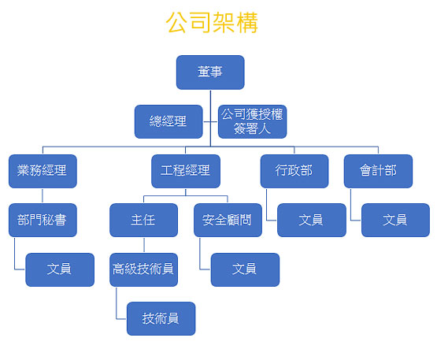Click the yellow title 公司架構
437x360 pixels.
tap(212, 23)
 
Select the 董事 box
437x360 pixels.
tap(210, 72)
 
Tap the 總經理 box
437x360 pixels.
tap(169, 121)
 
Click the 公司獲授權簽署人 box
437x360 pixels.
tap(252, 121)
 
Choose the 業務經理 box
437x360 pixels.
tap(43, 171)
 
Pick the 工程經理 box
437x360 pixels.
tap(186, 171)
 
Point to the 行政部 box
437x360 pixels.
tap(294, 171)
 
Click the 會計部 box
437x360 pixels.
tap(378, 171)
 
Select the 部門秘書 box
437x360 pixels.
tap(43, 220)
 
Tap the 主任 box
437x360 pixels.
tap(143, 220)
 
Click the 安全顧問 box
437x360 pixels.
tap(228, 220)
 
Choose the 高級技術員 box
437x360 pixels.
tap(143, 269)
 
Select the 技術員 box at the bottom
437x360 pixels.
tap(161, 318)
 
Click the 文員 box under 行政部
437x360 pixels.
tap(312, 220)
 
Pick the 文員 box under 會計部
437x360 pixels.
tap(395, 220)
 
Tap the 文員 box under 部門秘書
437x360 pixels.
tap(60, 269)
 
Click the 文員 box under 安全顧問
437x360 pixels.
tap(245, 269)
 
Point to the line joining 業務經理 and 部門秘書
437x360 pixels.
tap(43, 196)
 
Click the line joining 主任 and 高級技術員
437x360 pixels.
tap(144, 245)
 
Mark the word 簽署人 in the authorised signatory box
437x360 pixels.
tap(252, 129)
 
